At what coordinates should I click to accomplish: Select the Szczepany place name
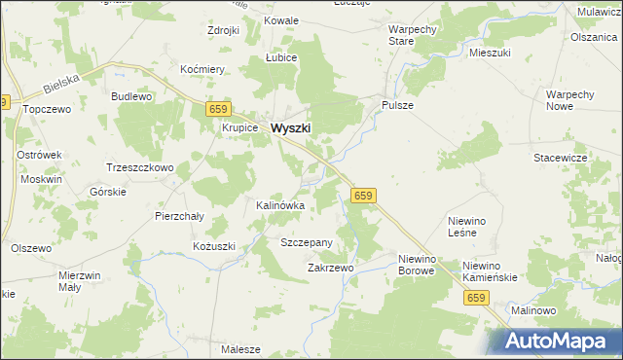[307, 242]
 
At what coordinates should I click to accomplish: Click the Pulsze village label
[398, 105]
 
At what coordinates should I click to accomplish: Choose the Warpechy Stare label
[412, 36]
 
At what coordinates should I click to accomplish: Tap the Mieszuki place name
[490, 53]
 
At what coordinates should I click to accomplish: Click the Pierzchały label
[179, 216]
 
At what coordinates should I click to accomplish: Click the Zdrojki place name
[223, 30]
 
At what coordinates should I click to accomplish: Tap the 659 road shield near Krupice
[218, 110]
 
